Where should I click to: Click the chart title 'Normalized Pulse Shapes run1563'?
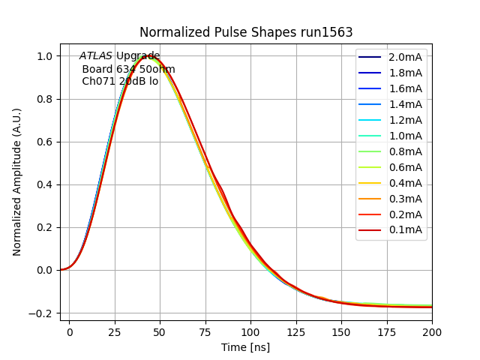click(246, 32)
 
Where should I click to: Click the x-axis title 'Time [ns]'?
click(246, 347)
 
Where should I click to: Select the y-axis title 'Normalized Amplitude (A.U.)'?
click(17, 182)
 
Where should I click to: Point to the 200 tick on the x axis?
click(432, 330)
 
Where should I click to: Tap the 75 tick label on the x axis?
click(205, 330)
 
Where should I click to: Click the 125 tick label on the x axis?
click(296, 330)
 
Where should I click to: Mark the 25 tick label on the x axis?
click(115, 330)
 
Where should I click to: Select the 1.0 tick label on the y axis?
click(45, 56)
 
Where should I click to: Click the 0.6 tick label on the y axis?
click(45, 142)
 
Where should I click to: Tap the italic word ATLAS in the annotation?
click(96, 55)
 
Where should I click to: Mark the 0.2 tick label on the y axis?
click(45, 228)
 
